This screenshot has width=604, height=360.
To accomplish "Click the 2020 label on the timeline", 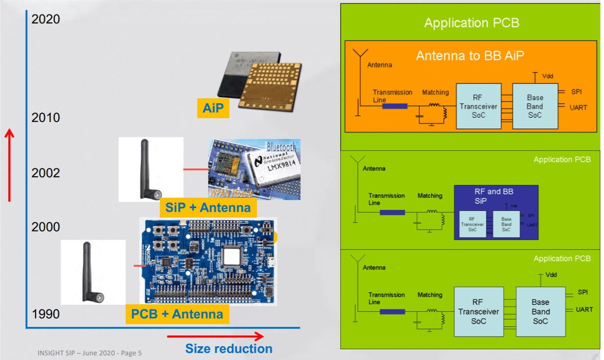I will [x=45, y=19].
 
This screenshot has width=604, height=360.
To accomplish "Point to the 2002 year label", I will [x=45, y=173].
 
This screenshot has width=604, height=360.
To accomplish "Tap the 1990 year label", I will [x=45, y=314].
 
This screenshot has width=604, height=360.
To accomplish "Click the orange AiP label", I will [x=213, y=108].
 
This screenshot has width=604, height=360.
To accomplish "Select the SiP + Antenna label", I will [x=208, y=208].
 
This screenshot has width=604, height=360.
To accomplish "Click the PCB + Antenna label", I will [x=177, y=314].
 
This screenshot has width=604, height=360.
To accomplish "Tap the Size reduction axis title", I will [x=229, y=348].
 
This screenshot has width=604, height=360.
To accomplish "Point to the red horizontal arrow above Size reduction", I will [x=215, y=336].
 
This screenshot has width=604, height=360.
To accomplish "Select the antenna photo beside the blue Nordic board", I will [x=93, y=272].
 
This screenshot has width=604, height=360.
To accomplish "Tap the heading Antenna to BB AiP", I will [x=470, y=56].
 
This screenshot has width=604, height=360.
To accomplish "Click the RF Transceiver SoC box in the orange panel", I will [x=478, y=106].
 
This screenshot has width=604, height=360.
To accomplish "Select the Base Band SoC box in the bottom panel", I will [x=540, y=311].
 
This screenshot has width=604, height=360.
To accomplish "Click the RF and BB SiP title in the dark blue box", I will [x=494, y=196].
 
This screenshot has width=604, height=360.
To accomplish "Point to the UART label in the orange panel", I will [x=578, y=107].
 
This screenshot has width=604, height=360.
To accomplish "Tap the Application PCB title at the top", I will [x=472, y=23].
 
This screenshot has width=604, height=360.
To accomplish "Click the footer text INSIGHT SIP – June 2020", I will [x=89, y=353].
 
